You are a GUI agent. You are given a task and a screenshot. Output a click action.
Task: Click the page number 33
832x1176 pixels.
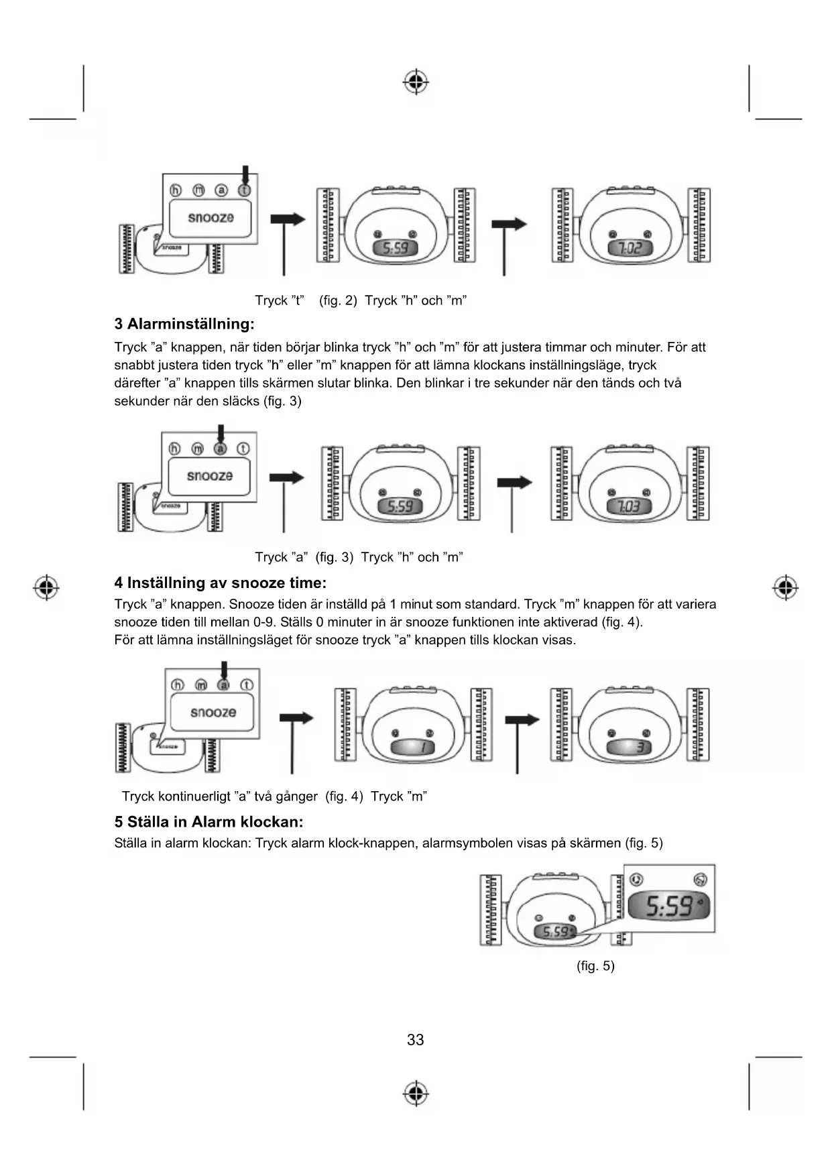[x=415, y=1040]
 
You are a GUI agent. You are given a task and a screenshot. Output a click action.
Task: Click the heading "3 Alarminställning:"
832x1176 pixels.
[x=184, y=325]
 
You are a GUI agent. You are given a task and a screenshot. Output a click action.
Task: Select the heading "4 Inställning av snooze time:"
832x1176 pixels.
[x=220, y=583]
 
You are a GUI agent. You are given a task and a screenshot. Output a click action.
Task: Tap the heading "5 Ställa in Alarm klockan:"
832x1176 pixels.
[x=209, y=822]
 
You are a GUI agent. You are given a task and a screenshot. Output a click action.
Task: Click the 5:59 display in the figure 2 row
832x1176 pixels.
[x=395, y=249]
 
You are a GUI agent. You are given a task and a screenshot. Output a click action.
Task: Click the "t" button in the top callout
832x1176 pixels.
[x=244, y=190]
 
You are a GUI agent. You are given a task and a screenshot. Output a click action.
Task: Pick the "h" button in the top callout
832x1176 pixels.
[x=175, y=190]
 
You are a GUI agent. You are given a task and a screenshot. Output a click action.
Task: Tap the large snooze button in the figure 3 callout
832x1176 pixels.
[x=209, y=476]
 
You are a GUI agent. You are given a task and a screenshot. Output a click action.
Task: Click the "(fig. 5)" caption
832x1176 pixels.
[x=595, y=966]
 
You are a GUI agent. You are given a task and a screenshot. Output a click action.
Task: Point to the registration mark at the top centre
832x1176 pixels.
[x=416, y=82]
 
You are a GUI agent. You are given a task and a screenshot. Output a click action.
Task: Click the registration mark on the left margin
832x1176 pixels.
[x=46, y=587]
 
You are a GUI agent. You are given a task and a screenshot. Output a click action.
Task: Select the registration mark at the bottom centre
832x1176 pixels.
[x=416, y=1093]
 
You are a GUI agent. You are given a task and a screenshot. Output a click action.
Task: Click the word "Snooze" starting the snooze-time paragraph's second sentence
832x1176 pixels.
[x=251, y=605]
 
